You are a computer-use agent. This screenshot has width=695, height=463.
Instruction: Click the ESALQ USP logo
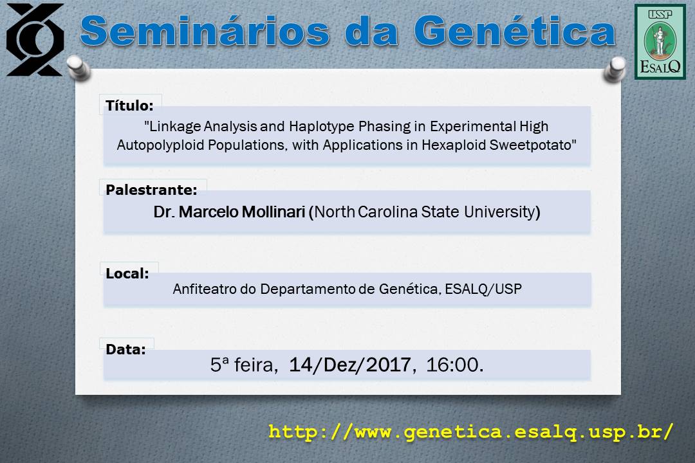point(660,42)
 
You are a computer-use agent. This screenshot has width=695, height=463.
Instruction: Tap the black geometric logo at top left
point(35,39)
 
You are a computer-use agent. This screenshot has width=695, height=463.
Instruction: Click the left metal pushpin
point(79,68)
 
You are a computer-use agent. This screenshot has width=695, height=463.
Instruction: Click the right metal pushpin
point(615,69)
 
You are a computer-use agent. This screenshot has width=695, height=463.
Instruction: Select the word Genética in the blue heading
point(515,31)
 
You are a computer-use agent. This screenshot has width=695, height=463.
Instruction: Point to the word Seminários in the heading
point(205,31)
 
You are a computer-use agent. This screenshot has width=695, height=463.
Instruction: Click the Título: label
point(129,105)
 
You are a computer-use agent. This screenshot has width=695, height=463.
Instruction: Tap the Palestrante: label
point(151,190)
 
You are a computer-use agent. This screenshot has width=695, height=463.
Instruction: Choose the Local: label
point(127,273)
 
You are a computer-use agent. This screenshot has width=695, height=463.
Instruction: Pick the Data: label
point(125,349)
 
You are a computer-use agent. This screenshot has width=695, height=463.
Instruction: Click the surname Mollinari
point(273,212)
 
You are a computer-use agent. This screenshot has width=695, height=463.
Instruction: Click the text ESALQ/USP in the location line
point(483,289)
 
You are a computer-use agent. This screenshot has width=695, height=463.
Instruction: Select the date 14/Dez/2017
point(350,365)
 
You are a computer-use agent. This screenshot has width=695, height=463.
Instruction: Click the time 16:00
point(452,365)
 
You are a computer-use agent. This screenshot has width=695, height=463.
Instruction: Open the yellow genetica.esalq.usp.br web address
point(471,431)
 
